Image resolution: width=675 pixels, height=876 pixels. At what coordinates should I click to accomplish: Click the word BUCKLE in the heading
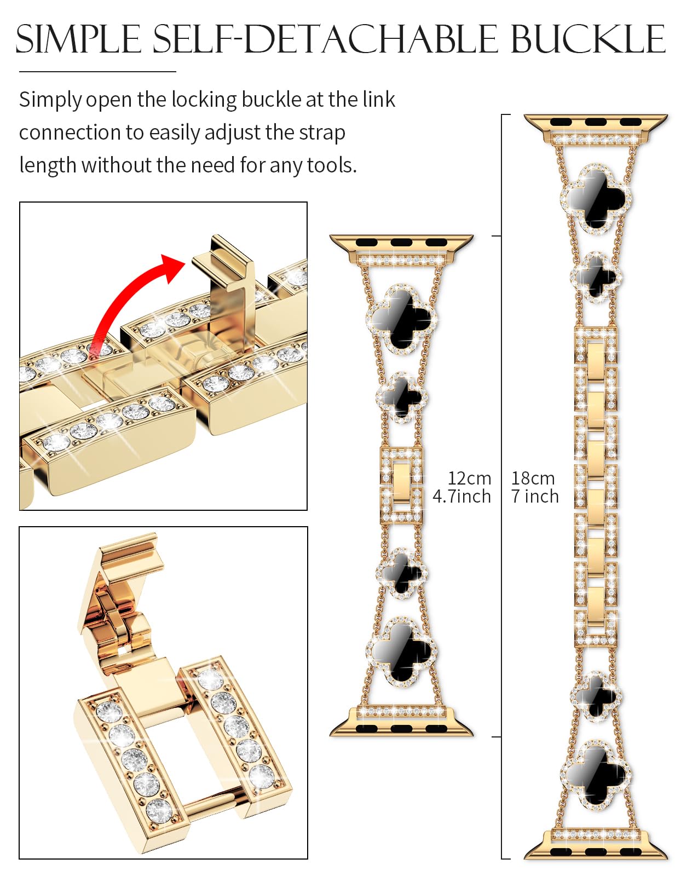click(x=587, y=39)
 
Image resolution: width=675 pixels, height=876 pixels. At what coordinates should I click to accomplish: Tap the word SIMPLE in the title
click(x=78, y=39)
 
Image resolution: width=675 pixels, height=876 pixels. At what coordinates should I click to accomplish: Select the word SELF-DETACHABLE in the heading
click(x=325, y=39)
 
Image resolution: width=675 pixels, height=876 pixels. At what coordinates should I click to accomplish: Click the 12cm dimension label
click(x=469, y=479)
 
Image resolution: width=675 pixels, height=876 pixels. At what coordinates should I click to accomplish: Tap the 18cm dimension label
click(x=533, y=479)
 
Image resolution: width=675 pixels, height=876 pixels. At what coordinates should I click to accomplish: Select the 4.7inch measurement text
click(x=461, y=496)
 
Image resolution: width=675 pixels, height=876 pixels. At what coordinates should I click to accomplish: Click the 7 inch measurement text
click(x=535, y=496)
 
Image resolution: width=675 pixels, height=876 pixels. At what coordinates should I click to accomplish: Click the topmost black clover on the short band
click(x=401, y=320)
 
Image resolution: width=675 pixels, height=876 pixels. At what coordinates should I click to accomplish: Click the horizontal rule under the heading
click(x=97, y=72)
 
